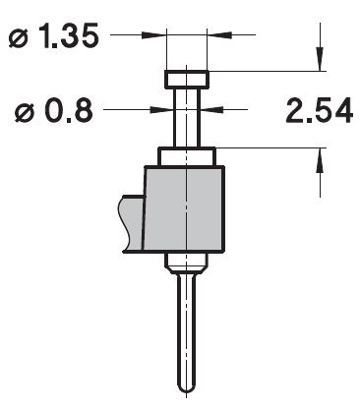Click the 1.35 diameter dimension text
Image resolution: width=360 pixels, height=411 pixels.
click(53, 35)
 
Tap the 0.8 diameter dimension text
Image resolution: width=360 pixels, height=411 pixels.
click(54, 111)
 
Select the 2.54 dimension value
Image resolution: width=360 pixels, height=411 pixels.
click(320, 111)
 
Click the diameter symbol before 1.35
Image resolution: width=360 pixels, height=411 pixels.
click(19, 38)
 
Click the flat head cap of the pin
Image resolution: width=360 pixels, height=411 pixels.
click(187, 80)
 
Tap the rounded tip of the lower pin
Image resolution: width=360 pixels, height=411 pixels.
click(186, 387)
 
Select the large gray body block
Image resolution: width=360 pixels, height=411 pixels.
click(185, 209)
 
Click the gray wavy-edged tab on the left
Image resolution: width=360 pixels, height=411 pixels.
click(131, 223)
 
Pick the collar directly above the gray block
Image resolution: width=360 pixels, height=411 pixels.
click(187, 157)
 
